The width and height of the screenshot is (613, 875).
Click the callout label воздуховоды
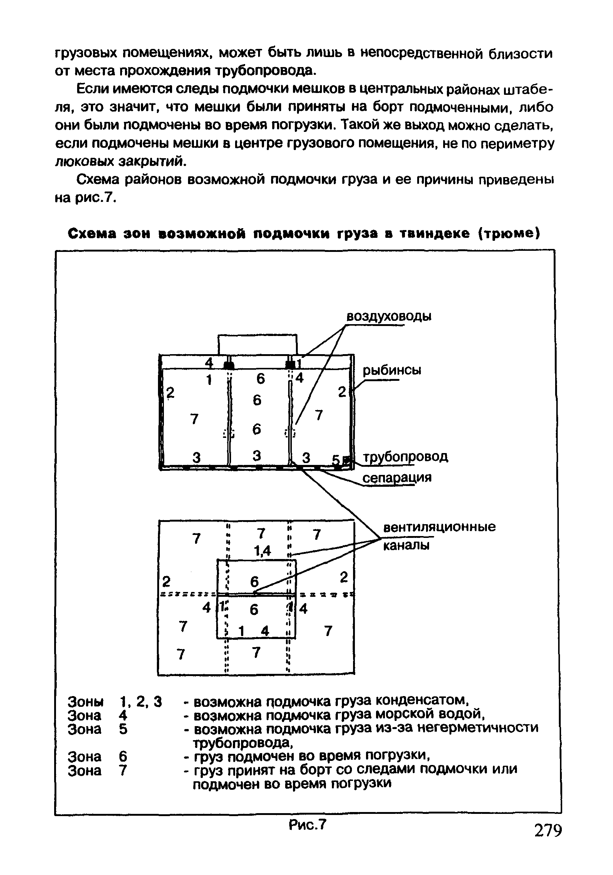(388, 317)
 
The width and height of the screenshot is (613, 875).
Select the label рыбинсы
(392, 370)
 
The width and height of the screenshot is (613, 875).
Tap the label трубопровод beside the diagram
(405, 456)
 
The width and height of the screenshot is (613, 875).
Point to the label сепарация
(397, 478)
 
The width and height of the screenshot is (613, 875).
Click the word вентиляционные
(439, 527)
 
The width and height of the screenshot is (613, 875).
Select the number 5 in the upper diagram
(335, 460)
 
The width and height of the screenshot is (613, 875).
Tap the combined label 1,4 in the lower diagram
(263, 551)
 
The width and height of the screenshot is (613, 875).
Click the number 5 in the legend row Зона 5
(123, 729)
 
